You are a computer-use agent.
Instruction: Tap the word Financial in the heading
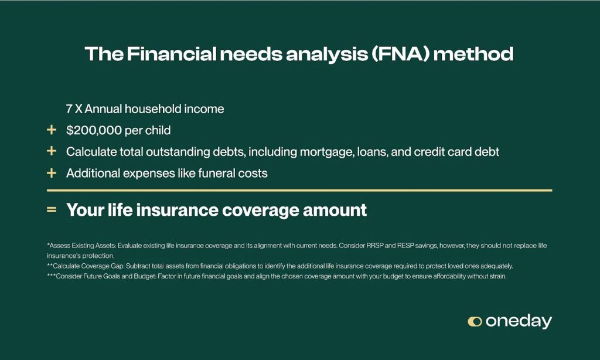coord(172,53)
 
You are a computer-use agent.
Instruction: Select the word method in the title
coord(473,53)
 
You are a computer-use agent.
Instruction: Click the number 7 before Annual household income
coord(69,109)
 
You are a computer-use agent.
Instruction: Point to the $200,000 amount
coord(94,131)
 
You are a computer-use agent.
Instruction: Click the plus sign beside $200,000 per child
coord(52,130)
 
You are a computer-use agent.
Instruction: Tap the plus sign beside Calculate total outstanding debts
coord(52,151)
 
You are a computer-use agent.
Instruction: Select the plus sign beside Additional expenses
coord(52,173)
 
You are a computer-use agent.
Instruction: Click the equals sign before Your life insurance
coord(52,210)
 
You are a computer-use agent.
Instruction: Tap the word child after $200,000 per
coord(158,130)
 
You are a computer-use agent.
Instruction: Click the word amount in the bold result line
coord(335,210)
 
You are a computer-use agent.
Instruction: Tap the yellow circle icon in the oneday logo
coord(475,321)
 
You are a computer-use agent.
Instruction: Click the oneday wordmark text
coord(519,321)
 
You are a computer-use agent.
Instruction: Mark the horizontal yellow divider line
coord(299,191)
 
